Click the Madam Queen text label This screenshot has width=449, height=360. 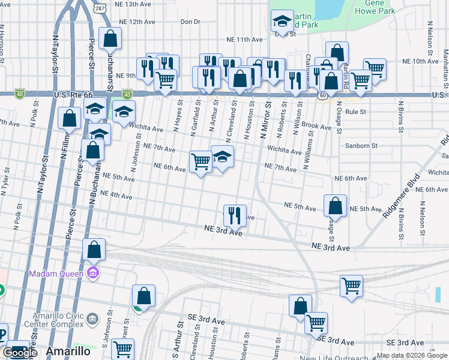[x=58, y=274]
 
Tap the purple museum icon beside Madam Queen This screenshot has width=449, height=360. [x=92, y=274]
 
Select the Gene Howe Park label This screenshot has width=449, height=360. [x=375, y=7]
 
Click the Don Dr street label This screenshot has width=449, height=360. [x=190, y=22]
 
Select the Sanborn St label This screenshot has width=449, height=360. [x=361, y=145]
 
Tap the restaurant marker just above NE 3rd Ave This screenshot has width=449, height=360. [x=235, y=214]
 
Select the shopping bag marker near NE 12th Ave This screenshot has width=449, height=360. [x=111, y=39]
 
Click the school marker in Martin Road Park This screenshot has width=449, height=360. [x=282, y=22]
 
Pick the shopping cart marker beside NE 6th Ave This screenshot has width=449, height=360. [x=200, y=160]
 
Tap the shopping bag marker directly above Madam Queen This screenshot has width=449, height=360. [x=94, y=249]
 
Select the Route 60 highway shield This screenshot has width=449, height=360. [x=322, y=95]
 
